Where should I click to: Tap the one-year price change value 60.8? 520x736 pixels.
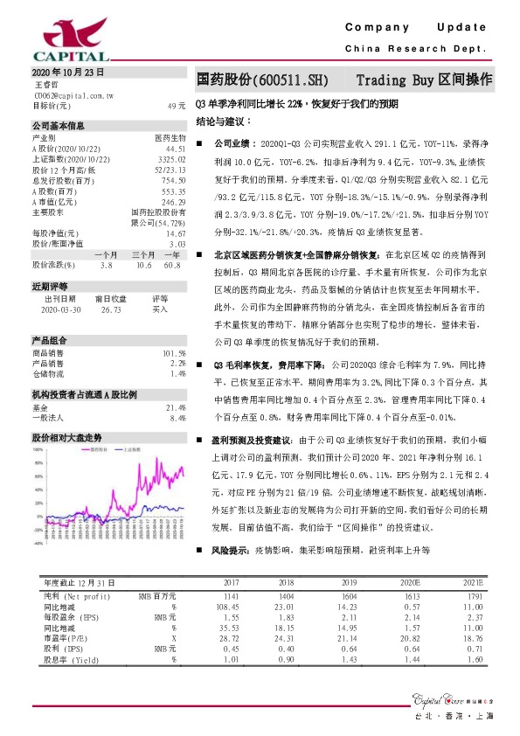point(171,264)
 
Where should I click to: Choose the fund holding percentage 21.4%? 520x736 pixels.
point(175,406)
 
